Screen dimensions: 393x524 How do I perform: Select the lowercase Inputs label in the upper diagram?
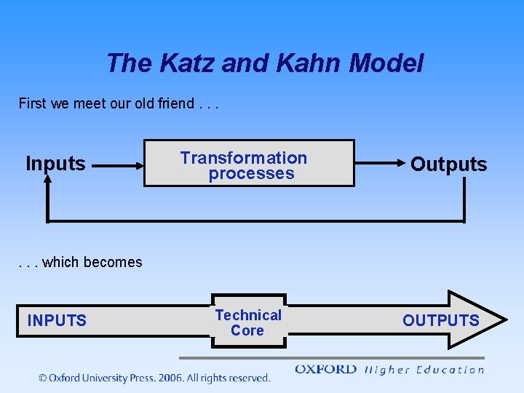pyautogui.click(x=55, y=164)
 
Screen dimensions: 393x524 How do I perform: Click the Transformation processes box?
pyautogui.click(x=248, y=164)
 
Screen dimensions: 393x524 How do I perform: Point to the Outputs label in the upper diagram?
pyautogui.click(x=448, y=164)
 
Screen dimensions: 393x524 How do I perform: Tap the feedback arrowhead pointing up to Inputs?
pyautogui.click(x=48, y=186)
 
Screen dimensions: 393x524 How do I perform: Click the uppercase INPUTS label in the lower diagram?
pyautogui.click(x=57, y=320)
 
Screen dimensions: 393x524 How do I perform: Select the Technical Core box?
pyautogui.click(x=248, y=322)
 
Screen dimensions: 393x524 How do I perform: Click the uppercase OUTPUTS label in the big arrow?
pyautogui.click(x=441, y=320)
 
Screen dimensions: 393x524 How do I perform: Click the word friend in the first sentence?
pyautogui.click(x=175, y=103)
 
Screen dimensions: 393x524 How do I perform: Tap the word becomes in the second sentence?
pyautogui.click(x=116, y=262)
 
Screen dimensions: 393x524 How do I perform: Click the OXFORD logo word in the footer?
pyautogui.click(x=325, y=370)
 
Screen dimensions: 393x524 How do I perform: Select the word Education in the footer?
pyautogui.click(x=449, y=370)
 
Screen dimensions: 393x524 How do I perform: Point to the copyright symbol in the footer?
pyautogui.click(x=43, y=378)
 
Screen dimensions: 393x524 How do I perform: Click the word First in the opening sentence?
pyautogui.click(x=32, y=103)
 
